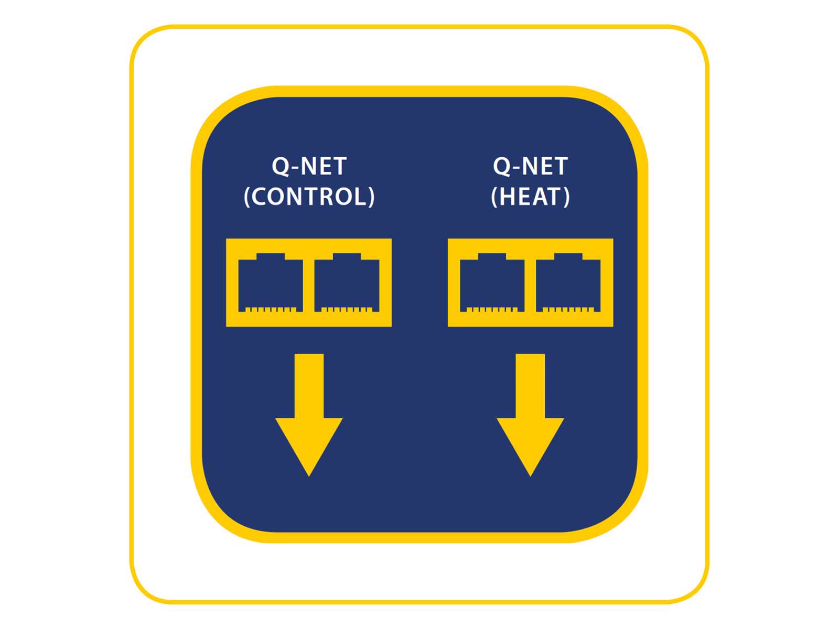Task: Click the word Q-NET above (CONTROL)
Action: [x=309, y=167]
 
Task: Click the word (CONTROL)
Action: [x=309, y=197]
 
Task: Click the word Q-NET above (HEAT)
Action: [x=530, y=167]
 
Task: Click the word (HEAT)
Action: [x=530, y=197]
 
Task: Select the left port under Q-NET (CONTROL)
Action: [x=271, y=283]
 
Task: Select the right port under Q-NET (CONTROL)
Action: [x=347, y=283]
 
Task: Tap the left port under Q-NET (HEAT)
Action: [x=492, y=283]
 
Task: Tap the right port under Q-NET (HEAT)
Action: [x=568, y=283]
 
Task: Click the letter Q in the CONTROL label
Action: [x=281, y=167]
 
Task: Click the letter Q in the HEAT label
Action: [x=502, y=167]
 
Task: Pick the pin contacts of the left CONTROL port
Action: [x=271, y=309]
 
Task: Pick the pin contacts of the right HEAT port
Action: [x=568, y=309]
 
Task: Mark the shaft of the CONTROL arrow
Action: [x=309, y=385]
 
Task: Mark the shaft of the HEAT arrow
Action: [x=530, y=385]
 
